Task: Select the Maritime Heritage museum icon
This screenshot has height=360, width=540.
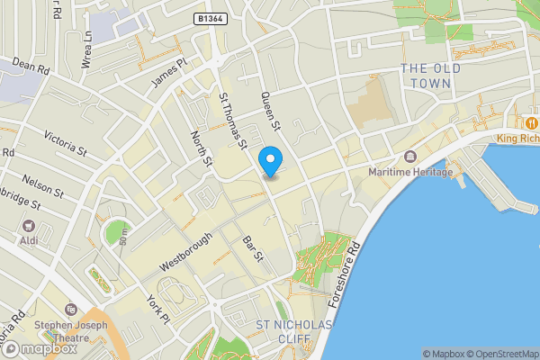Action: pyautogui.click(x=410, y=157)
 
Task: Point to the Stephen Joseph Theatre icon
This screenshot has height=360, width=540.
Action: pyautogui.click(x=71, y=308)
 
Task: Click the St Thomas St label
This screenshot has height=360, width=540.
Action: pyautogui.click(x=233, y=118)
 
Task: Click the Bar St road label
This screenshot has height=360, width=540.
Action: pyautogui.click(x=253, y=249)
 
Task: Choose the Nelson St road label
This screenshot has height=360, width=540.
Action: pyautogui.click(x=42, y=186)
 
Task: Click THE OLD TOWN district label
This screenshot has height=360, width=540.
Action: pyautogui.click(x=431, y=76)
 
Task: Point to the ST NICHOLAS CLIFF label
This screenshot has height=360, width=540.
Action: pyautogui.click(x=294, y=331)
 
